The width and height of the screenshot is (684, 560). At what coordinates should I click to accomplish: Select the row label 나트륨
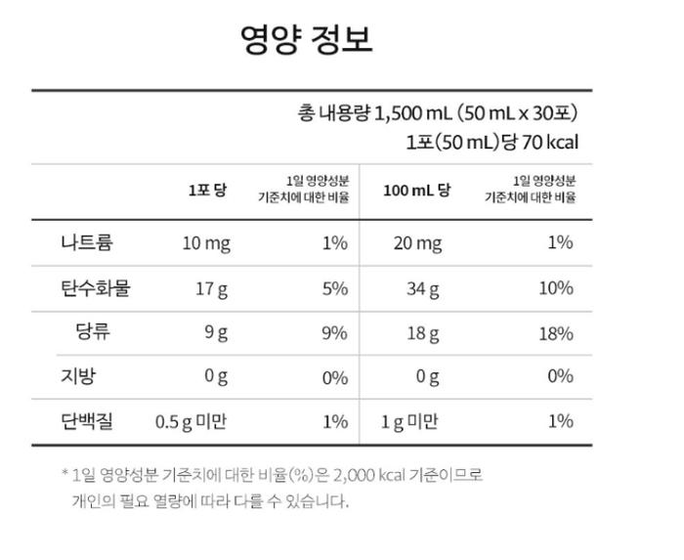86,242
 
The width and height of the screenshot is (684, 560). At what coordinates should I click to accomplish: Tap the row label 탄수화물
95,287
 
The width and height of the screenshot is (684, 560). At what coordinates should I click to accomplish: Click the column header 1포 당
206,190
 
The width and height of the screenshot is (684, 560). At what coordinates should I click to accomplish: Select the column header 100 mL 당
416,190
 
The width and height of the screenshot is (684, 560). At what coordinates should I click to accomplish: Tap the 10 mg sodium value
206,243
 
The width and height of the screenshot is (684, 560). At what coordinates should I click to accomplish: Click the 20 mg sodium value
417,243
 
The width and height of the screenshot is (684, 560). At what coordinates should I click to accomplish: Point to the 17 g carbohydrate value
212,288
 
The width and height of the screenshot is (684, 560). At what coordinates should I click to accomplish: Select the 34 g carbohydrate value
423,288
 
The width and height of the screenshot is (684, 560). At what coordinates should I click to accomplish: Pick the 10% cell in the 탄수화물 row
555,287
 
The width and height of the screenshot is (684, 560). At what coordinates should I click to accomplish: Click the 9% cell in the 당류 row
334,332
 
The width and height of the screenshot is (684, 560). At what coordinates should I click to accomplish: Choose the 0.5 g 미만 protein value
192,421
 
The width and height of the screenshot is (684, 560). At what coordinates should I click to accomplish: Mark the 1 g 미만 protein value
410,421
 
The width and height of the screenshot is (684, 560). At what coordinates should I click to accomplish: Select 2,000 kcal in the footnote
374,475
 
